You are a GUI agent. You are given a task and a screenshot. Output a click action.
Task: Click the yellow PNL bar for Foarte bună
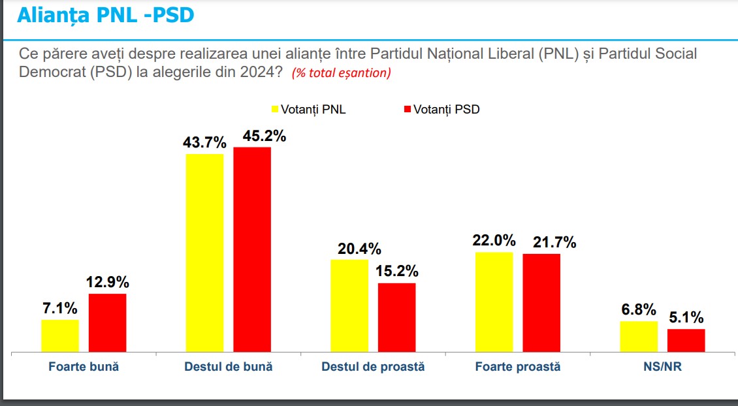coord(60,336)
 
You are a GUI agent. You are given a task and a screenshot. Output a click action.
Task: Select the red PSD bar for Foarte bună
coord(107,323)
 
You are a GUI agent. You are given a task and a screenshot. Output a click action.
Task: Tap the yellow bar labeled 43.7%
coord(204,253)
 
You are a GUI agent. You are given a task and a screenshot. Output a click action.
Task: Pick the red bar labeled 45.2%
coord(252,250)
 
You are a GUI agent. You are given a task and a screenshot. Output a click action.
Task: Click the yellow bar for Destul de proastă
coord(349,306)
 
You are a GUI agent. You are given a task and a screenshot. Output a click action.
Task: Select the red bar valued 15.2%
coord(396,318)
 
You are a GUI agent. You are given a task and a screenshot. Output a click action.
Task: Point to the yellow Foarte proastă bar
coord(494,302)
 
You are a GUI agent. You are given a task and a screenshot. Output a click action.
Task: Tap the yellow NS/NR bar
coord(639,337)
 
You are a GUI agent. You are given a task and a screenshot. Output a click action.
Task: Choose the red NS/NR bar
coord(686,341)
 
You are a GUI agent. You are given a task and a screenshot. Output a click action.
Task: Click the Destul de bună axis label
coord(229,367)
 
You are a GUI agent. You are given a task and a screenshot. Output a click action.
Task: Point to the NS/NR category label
coord(662,367)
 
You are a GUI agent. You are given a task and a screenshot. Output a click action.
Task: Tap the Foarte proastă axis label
coord(518,367)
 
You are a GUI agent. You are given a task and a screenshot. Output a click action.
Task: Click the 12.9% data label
coord(108,283)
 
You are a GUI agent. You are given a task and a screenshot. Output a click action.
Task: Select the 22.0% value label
coord(494,240)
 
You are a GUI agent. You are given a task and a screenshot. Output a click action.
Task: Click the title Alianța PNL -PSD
coord(105,15)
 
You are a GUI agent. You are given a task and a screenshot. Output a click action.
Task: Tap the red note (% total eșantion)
coord(341,73)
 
